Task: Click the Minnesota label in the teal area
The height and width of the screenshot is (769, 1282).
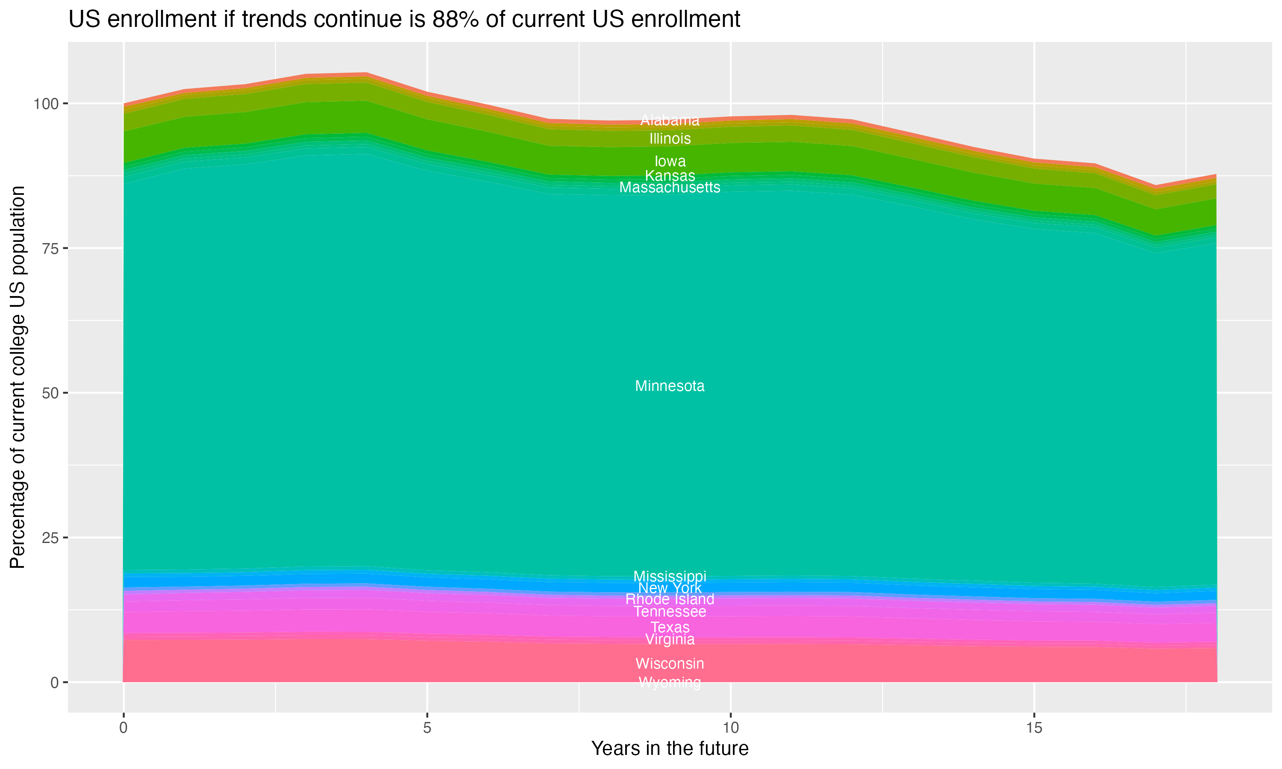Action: coord(670,386)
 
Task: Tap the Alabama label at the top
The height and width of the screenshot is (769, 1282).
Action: coord(670,120)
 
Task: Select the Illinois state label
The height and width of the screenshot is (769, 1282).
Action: coord(670,138)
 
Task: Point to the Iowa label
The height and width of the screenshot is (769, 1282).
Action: coord(670,161)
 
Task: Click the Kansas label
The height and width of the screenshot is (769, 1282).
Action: coord(670,176)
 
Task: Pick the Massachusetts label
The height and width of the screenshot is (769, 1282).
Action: coord(670,187)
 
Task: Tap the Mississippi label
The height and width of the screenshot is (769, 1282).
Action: coord(670,576)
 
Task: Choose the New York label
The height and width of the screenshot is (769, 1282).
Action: coord(670,588)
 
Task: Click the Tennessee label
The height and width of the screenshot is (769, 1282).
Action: coord(670,611)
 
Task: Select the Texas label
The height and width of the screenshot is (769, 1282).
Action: coord(670,627)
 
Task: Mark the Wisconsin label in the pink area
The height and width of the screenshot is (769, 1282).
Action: coord(670,663)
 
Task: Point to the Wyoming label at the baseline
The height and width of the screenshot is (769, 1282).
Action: coord(670,682)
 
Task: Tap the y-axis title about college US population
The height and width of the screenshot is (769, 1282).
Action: coord(18,377)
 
